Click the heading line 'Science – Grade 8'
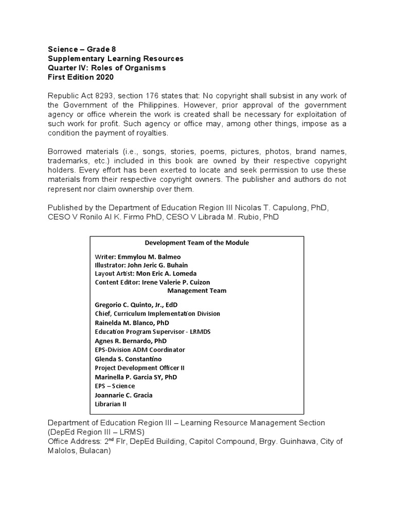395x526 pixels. pos(82,49)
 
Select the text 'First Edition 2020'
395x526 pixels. pos(80,77)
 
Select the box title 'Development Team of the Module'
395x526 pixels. pos(196,242)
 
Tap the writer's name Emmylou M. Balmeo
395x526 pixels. pos(149,256)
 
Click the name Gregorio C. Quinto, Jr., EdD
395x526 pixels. pos(136,305)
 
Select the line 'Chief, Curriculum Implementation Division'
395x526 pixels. pos(157,313)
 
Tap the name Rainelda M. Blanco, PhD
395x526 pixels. pos(132,323)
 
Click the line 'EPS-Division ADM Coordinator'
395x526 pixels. pos(140,350)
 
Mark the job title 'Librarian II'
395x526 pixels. pos(111,404)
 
